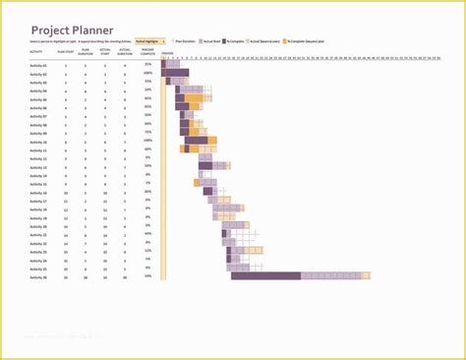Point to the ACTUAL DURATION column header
point(124,50)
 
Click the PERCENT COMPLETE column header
point(147,50)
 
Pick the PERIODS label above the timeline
point(167,53)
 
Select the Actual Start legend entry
point(209,41)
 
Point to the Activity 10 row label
point(38,142)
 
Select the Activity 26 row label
point(38,276)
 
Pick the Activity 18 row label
point(38,210)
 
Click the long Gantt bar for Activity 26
point(265,276)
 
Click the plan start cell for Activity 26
point(65,276)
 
